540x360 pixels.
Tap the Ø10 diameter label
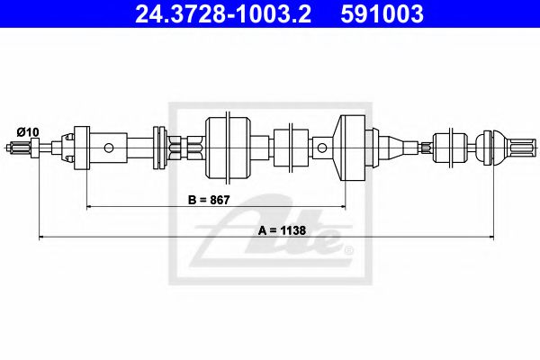[28, 132]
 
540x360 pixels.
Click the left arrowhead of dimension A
[41, 238]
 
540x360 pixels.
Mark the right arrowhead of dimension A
[491, 238]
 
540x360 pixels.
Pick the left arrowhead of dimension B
[89, 208]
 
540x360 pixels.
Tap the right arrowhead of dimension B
[343, 208]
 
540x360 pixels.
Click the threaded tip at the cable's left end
[22, 147]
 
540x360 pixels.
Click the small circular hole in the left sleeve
[110, 147]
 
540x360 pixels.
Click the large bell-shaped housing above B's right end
[354, 146]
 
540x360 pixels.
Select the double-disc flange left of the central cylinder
[162, 146]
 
